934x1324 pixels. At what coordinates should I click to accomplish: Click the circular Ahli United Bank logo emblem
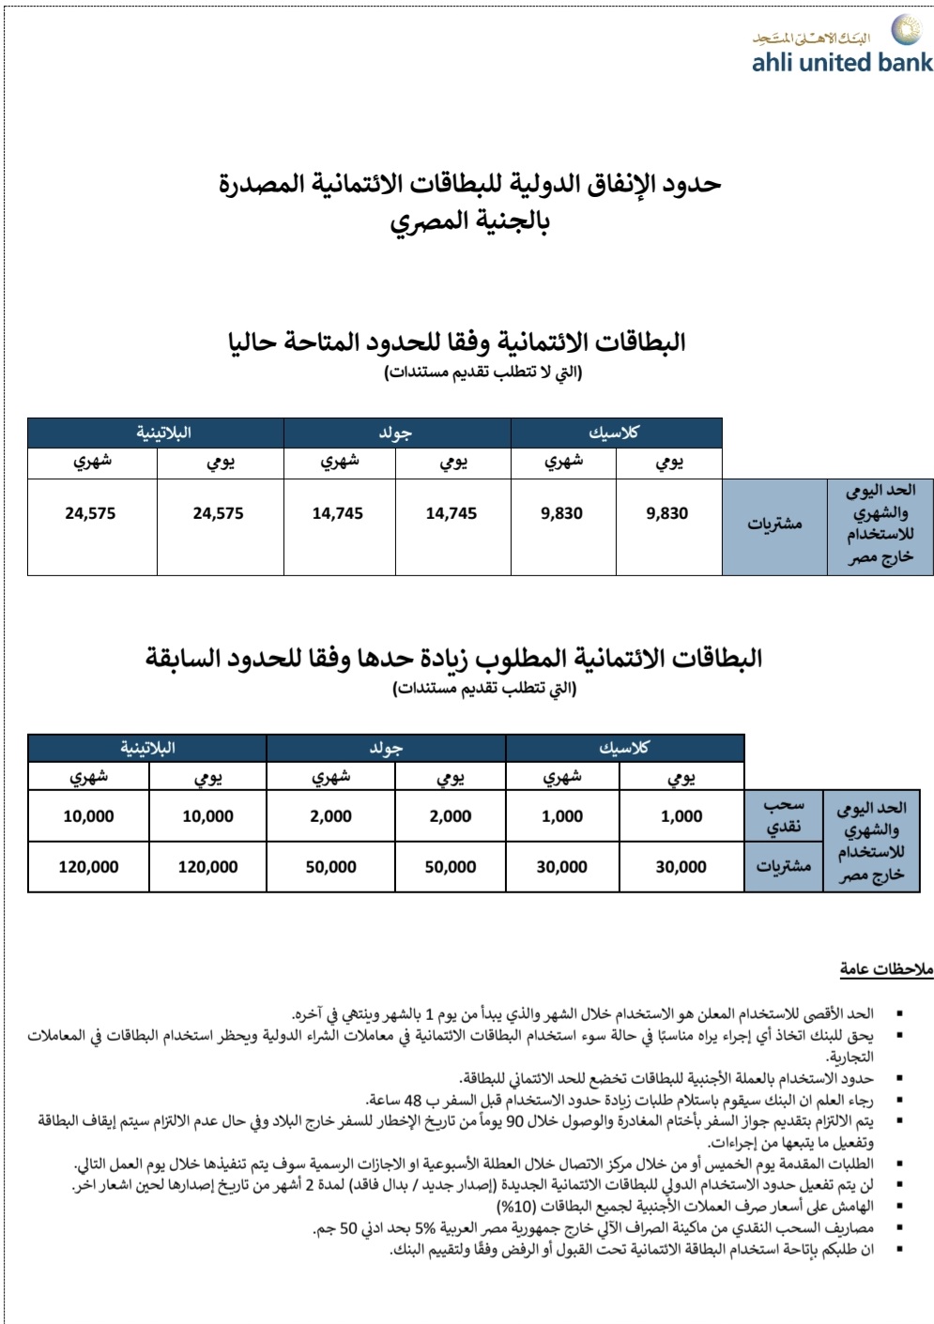click(906, 30)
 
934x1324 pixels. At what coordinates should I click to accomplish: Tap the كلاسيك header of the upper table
click(615, 433)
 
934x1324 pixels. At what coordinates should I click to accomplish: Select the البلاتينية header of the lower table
click(147, 748)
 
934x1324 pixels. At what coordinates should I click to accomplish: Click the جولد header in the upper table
click(396, 433)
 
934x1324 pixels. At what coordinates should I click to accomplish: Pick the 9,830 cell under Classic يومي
click(667, 513)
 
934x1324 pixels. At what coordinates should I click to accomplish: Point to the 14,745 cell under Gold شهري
click(338, 513)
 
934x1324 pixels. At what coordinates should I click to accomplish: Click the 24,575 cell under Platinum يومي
click(218, 513)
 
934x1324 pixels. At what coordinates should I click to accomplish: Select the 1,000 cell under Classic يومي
click(681, 816)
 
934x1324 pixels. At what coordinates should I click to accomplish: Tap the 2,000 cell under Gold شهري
click(330, 816)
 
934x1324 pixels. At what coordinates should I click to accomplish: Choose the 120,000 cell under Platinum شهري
click(88, 867)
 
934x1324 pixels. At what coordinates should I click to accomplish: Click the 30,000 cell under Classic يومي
click(681, 867)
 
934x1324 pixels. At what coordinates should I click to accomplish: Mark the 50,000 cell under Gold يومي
click(451, 867)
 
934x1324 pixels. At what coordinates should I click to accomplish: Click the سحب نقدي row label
click(783, 816)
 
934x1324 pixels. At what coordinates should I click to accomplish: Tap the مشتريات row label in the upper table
click(774, 525)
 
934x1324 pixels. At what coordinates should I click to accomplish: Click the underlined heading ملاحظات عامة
click(886, 968)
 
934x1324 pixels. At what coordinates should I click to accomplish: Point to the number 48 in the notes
click(414, 1099)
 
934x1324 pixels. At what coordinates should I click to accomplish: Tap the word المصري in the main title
click(429, 222)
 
